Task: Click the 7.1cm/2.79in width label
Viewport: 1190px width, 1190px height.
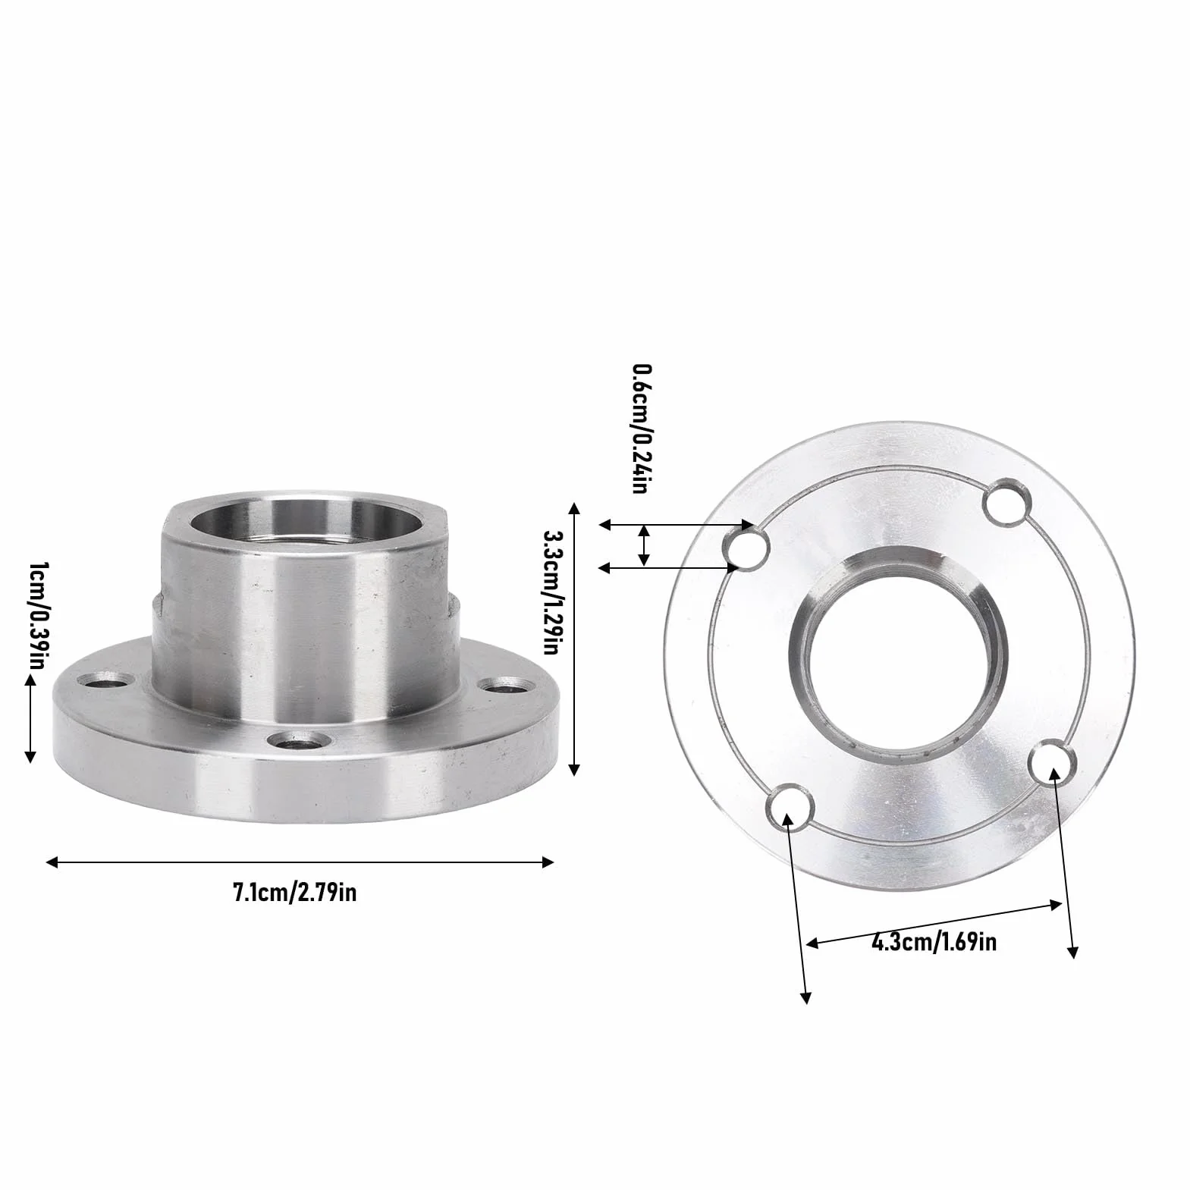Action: tap(294, 893)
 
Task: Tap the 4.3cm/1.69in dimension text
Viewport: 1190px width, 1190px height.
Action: tap(934, 943)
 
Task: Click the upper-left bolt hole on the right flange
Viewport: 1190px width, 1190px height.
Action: tap(746, 548)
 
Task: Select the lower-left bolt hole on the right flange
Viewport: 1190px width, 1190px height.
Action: tap(790, 811)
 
